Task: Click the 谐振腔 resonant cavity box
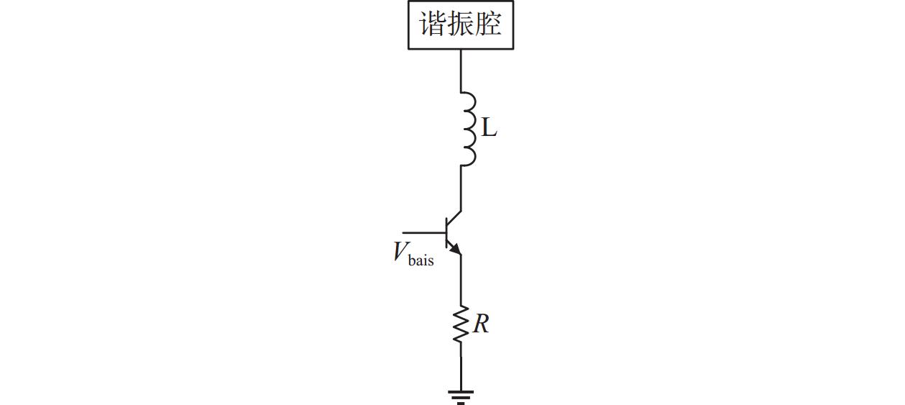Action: (x=461, y=25)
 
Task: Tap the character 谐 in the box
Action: (x=432, y=24)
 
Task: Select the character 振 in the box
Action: (x=460, y=24)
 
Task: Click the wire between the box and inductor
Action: (x=461, y=70)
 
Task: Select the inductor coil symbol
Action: (x=467, y=129)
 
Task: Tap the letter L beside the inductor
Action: (x=489, y=129)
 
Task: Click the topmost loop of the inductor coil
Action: (x=469, y=101)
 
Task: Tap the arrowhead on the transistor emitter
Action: (x=456, y=249)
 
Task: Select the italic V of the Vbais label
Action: (x=400, y=252)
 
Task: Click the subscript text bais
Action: (x=421, y=260)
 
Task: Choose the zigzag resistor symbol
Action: (x=461, y=324)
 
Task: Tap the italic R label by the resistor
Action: (x=481, y=324)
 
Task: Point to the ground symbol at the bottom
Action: (x=461, y=396)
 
